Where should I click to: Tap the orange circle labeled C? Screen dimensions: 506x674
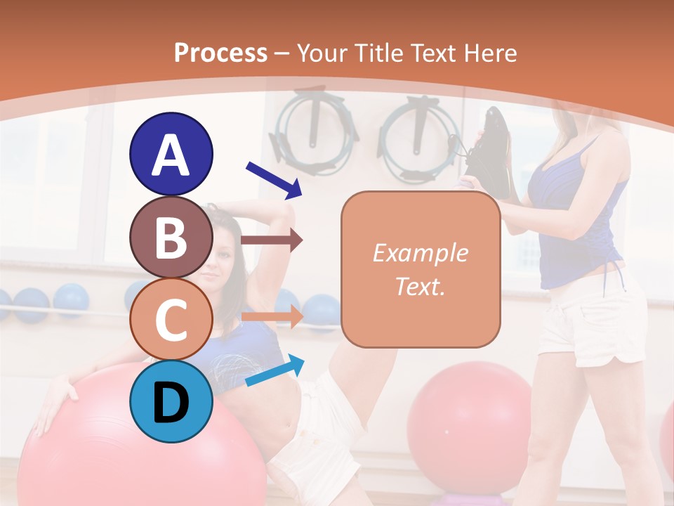(x=171, y=319)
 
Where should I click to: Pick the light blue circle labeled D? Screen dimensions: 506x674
(x=171, y=401)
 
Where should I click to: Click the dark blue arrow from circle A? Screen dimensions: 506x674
(x=274, y=179)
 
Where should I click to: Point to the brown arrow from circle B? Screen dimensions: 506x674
(x=272, y=240)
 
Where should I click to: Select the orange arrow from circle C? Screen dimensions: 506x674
(x=272, y=316)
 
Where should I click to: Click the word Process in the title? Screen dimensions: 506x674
(x=220, y=53)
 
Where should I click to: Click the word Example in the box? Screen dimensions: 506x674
(x=420, y=253)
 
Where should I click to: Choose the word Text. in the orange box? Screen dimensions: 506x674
(x=420, y=286)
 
